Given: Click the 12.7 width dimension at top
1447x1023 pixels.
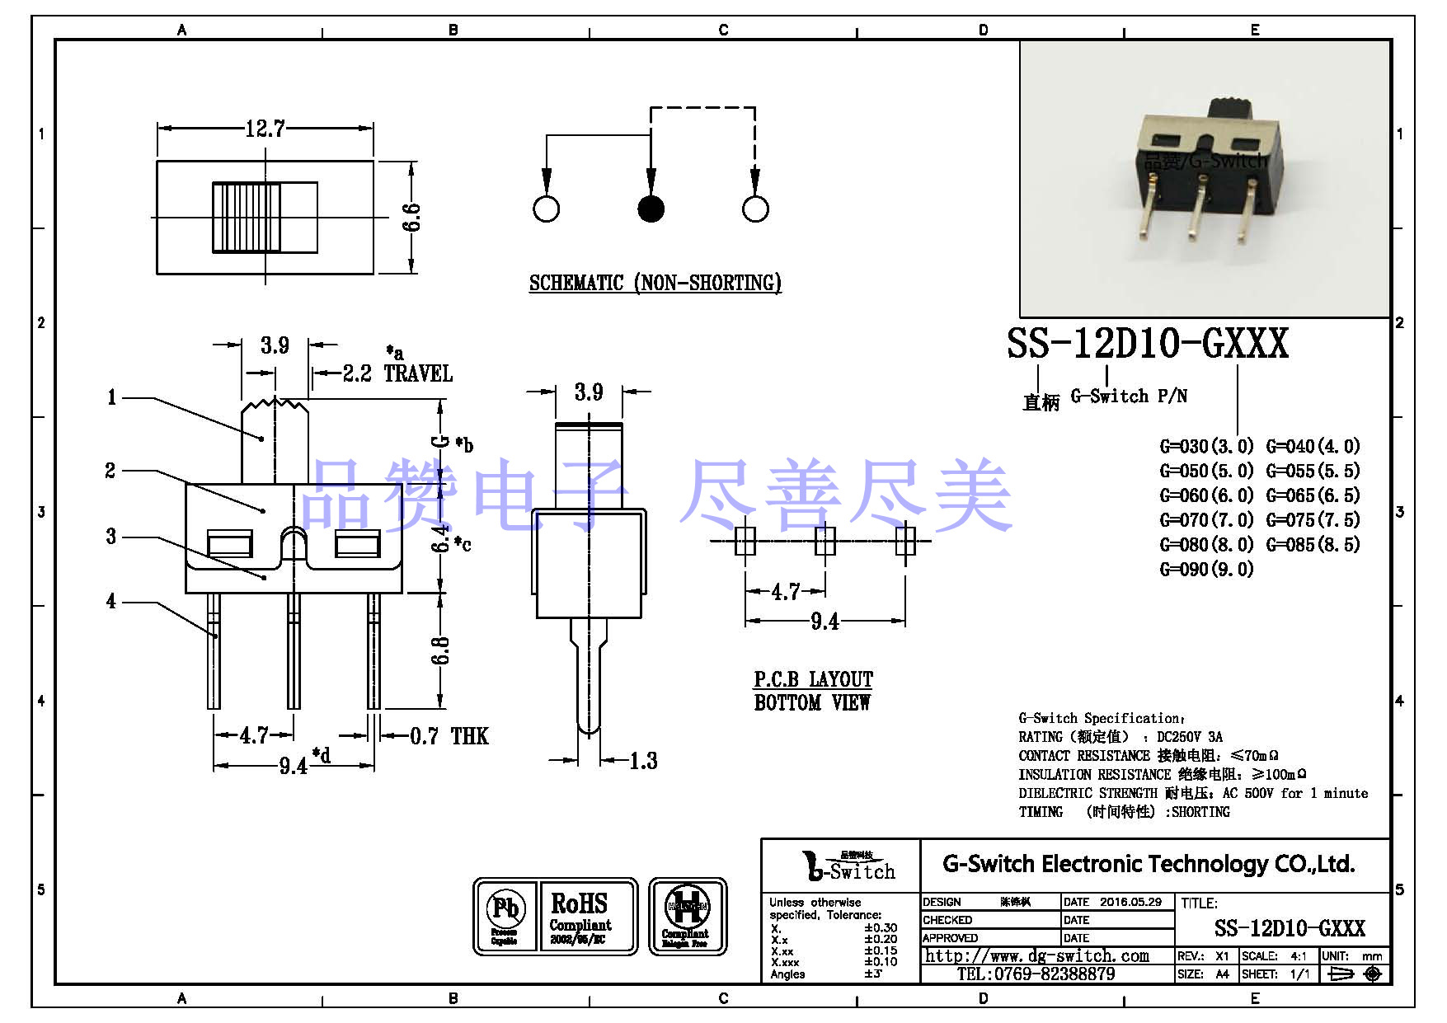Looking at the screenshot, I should pos(265,129).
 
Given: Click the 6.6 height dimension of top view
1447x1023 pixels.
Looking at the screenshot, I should pos(411,218).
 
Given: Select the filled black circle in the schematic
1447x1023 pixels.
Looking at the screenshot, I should pos(651,209).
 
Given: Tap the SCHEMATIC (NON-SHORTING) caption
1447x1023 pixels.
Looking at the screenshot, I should pos(655,283).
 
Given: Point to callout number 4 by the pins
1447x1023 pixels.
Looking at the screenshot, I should pos(110,601).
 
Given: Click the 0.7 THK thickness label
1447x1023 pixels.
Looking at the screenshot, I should pos(449,736).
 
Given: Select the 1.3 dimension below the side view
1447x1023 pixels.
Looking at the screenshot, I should pos(643,761).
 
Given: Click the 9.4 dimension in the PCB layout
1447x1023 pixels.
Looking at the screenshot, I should pos(825,622).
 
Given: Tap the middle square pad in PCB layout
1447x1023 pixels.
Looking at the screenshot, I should pos(825,542).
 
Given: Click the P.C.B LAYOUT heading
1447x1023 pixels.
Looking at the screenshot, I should pos(813,679).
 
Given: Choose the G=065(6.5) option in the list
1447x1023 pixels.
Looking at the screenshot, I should pos(1313,495).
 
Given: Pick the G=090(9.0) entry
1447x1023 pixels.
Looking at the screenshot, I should pos(1206,569).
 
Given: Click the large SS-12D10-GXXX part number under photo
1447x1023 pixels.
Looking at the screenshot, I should pos(1147,344).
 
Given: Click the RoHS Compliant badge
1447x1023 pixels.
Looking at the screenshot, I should pos(580,916).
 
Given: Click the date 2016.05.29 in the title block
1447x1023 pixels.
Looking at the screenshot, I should pos(1130,902).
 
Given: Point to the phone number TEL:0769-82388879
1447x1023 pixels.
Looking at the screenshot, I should pos(1036,974).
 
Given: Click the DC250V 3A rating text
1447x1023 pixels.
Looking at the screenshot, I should pos(1189,737).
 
